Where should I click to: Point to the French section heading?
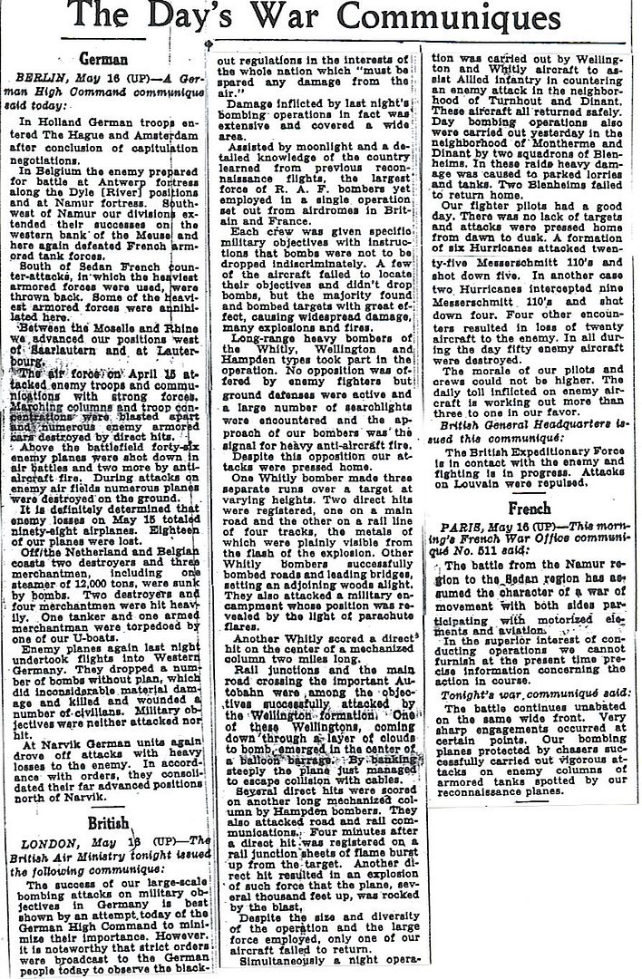click(530, 509)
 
